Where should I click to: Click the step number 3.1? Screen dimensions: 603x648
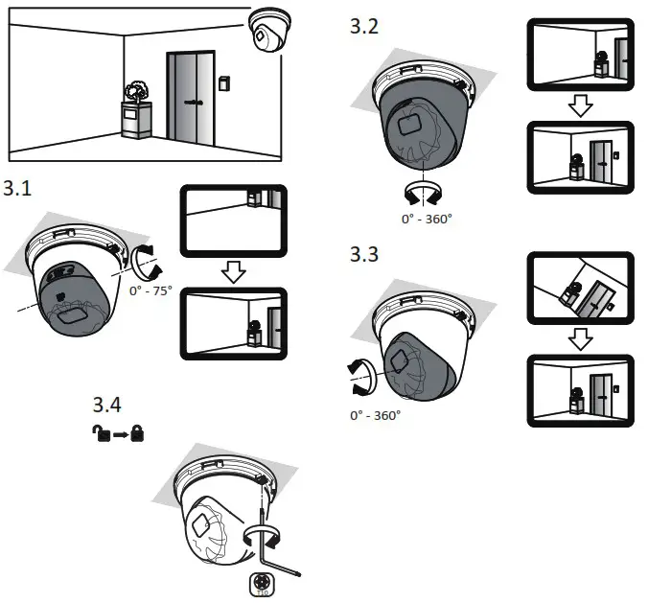click(x=18, y=189)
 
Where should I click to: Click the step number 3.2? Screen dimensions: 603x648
click(x=365, y=26)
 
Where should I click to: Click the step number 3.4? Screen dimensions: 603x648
click(x=107, y=405)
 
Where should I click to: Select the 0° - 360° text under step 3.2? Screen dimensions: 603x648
click(x=427, y=219)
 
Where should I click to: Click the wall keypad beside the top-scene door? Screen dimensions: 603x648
click(x=224, y=83)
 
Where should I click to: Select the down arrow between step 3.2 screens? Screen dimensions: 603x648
click(x=579, y=107)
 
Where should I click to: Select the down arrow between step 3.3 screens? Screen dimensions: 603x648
click(x=579, y=337)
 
